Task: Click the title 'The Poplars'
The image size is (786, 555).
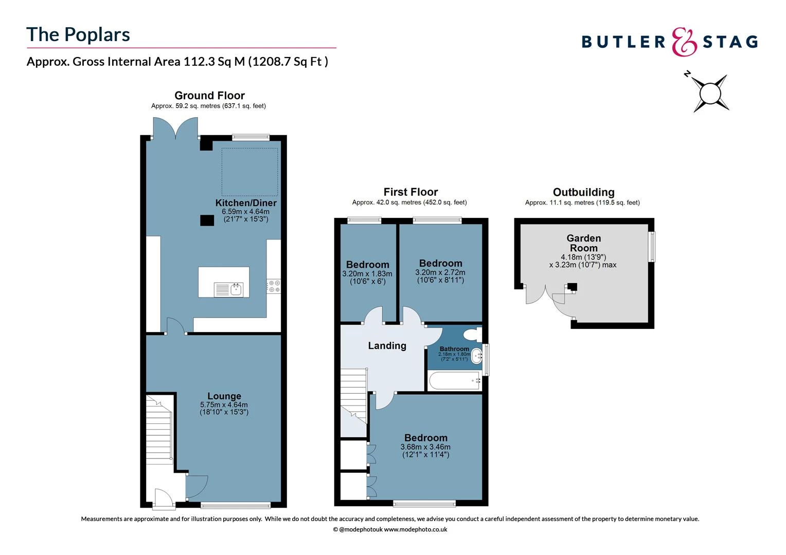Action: pyautogui.click(x=78, y=34)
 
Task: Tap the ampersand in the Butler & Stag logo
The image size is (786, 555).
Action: pyautogui.click(x=685, y=42)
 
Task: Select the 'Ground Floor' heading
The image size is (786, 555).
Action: pyautogui.click(x=209, y=96)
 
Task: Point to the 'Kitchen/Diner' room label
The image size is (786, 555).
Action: pyautogui.click(x=246, y=203)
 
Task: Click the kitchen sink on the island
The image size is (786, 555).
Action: pyautogui.click(x=236, y=289)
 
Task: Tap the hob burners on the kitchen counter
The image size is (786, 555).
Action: pyautogui.click(x=274, y=286)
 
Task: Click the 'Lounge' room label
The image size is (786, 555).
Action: pyautogui.click(x=224, y=396)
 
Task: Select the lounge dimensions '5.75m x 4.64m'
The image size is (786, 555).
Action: pyautogui.click(x=224, y=405)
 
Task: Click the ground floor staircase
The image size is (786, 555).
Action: pyautogui.click(x=159, y=429)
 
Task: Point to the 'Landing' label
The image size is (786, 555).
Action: pyautogui.click(x=387, y=346)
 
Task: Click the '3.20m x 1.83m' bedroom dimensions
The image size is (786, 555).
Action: pyautogui.click(x=367, y=274)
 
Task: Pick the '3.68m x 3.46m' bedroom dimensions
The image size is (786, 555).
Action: pyautogui.click(x=425, y=447)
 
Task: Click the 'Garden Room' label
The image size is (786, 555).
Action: pyautogui.click(x=584, y=243)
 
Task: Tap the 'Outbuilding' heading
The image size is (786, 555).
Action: pyautogui.click(x=583, y=192)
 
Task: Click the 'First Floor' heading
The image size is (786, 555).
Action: pyautogui.click(x=410, y=192)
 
